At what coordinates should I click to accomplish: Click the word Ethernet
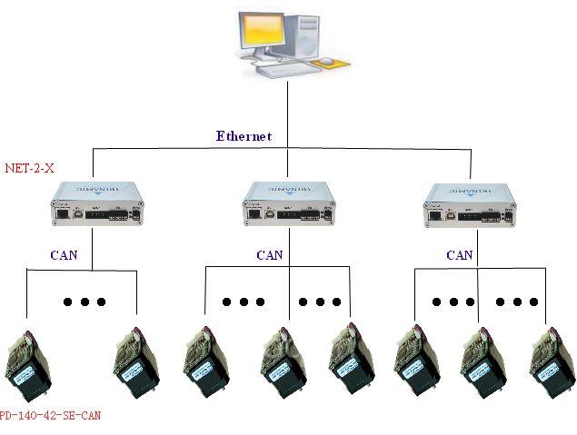click(x=244, y=137)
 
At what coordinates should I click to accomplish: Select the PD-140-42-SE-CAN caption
click(x=50, y=416)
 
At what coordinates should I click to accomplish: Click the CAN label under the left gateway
click(x=63, y=255)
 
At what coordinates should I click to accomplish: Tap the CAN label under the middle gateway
click(x=270, y=255)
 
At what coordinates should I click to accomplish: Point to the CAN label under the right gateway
click(x=459, y=255)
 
